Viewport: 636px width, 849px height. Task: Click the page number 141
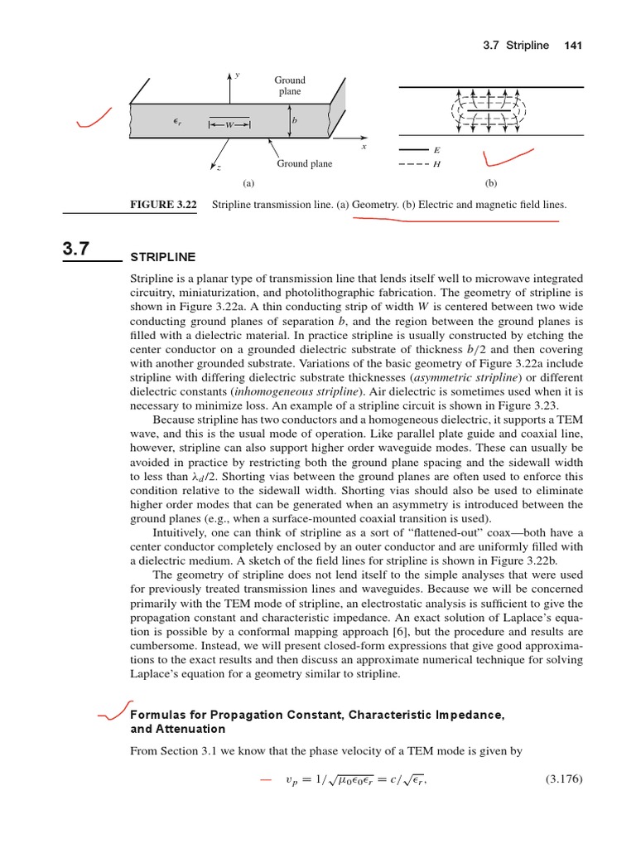click(573, 45)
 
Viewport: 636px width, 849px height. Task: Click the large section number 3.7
click(79, 249)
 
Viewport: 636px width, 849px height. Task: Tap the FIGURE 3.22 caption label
click(162, 204)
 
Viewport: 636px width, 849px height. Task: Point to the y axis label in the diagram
click(237, 75)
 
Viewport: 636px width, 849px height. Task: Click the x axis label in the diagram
click(363, 147)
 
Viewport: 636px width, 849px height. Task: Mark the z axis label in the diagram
click(219, 168)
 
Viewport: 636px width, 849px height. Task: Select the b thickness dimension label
click(294, 120)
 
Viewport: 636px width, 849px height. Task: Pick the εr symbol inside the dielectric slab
click(177, 121)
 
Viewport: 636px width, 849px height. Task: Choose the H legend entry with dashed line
click(436, 164)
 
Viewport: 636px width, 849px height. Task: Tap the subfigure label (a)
click(247, 182)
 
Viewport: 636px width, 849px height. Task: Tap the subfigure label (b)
click(490, 182)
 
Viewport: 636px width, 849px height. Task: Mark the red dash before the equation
click(265, 780)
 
